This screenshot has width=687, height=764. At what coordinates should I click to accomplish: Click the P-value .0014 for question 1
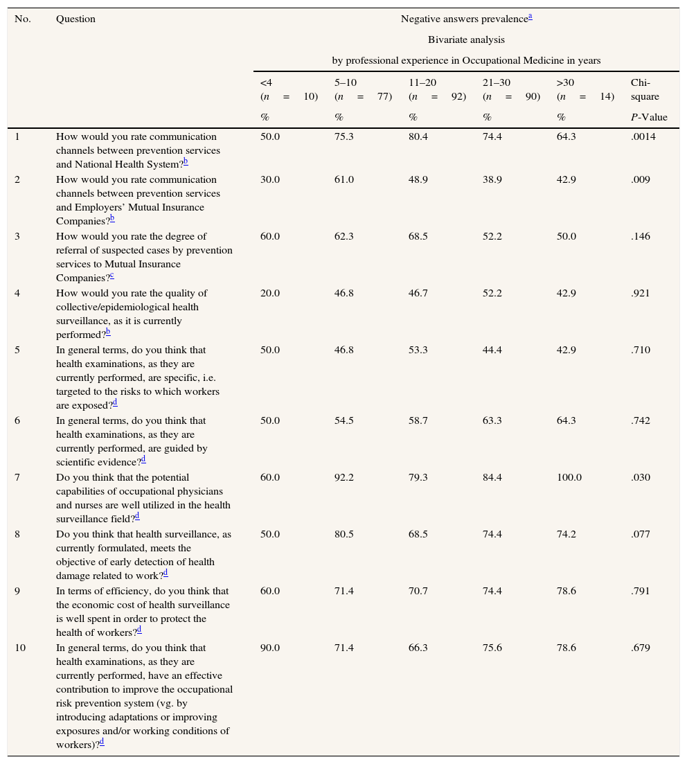coord(643,137)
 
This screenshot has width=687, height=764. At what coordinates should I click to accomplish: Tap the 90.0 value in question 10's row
coord(270,648)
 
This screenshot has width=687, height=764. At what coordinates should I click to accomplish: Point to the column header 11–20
coord(422,83)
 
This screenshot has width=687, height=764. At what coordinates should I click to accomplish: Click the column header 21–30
coord(497,83)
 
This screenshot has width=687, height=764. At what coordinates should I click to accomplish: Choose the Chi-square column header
coord(644,90)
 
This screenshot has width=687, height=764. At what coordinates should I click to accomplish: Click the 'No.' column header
coord(23,19)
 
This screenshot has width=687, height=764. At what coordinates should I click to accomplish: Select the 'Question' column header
coord(75,19)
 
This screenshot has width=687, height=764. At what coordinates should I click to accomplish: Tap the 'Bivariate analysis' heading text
coord(466,40)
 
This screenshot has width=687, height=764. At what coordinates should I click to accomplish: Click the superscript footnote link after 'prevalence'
coord(530,17)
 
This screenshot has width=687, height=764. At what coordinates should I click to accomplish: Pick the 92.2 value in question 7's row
coord(344,478)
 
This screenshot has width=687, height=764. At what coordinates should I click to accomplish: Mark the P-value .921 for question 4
coord(641,294)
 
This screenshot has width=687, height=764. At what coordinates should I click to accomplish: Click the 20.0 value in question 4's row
coord(270,294)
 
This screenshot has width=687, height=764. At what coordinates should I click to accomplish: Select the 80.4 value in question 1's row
coord(418,137)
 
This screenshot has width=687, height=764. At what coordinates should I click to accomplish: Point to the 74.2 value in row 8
coord(566,535)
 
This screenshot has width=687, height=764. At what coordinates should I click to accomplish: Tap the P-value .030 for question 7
coord(641,478)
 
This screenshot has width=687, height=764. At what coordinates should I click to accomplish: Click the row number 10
coord(20,648)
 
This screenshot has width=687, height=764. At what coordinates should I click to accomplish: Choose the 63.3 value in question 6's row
coord(492,421)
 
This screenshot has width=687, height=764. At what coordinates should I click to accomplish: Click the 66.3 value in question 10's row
coord(418,648)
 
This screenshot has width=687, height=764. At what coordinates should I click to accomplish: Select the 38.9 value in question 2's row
coord(492,180)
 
